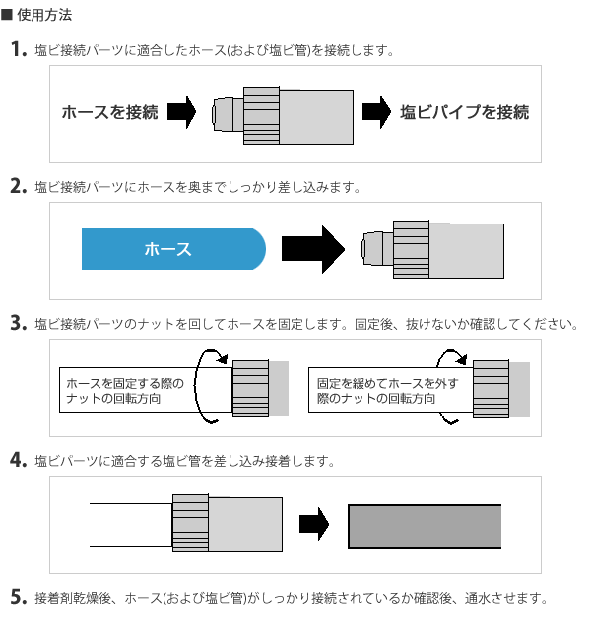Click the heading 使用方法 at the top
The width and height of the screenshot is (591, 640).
(44, 16)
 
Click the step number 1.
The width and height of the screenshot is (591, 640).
(17, 49)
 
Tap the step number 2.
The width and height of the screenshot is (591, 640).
(17, 186)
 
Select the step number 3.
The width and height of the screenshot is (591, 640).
(17, 323)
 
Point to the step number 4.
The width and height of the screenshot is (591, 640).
(17, 460)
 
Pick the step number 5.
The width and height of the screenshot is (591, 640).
(17, 597)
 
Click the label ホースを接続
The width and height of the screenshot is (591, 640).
(110, 112)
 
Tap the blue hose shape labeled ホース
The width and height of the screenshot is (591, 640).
(172, 249)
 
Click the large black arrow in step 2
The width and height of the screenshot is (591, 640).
(312, 249)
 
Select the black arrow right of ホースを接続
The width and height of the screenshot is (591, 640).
(182, 112)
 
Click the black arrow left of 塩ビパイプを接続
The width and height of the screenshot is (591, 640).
(376, 112)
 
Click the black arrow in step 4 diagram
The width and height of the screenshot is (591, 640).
(313, 524)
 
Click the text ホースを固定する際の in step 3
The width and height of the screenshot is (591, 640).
(124, 383)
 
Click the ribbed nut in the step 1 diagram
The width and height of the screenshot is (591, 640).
(261, 114)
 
